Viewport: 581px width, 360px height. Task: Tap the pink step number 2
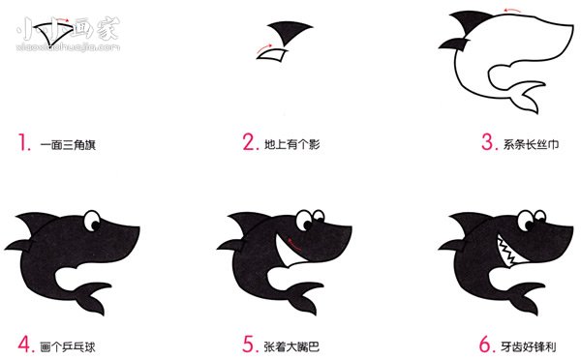249,145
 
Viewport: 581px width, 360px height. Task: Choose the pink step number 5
249,343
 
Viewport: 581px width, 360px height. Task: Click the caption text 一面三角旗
68,146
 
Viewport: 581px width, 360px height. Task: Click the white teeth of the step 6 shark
511,251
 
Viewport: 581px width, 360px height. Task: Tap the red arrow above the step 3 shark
495,13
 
